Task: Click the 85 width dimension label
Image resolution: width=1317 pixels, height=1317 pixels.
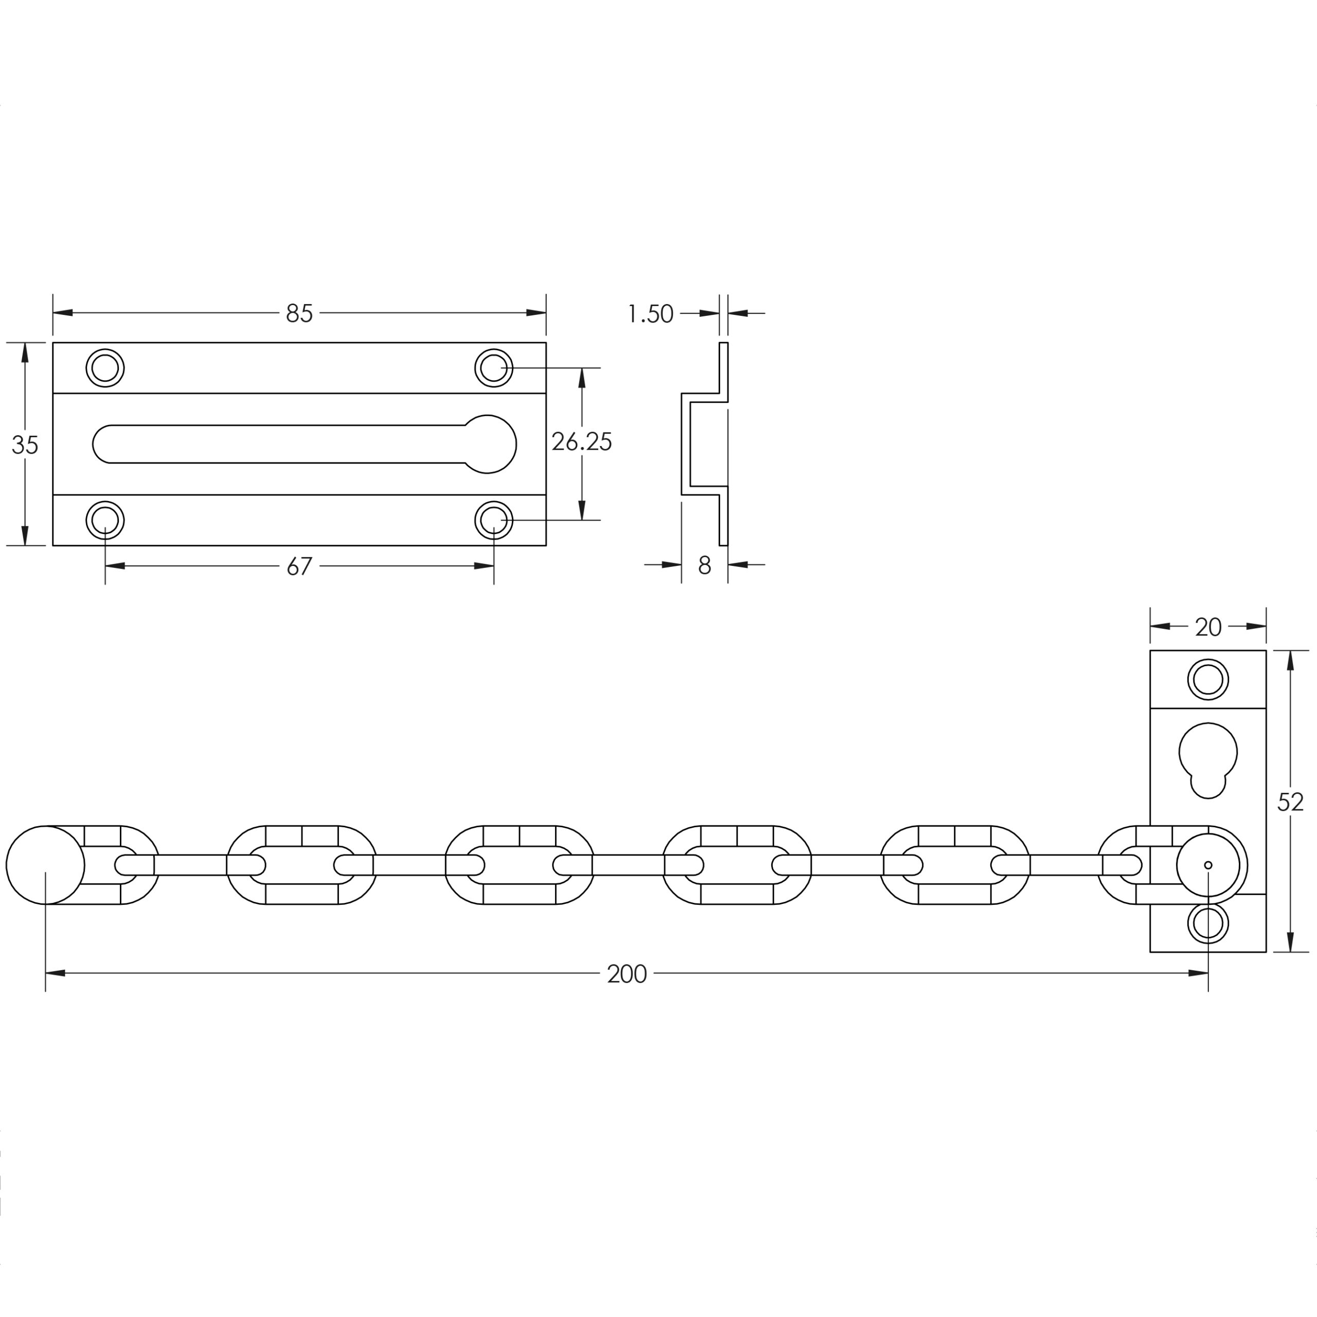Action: click(x=299, y=314)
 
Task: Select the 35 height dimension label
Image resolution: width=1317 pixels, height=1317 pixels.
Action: click(x=25, y=445)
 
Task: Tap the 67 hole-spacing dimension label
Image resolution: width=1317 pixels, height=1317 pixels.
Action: click(x=299, y=566)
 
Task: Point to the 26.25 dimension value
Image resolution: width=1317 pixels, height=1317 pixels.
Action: click(x=581, y=442)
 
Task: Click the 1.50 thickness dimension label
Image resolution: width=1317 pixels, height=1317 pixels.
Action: click(x=650, y=314)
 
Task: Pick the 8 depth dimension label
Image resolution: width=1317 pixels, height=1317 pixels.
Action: click(x=705, y=565)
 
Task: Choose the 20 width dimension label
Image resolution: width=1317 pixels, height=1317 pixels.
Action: click(x=1208, y=627)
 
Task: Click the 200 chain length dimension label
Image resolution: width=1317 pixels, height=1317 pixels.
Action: click(x=627, y=974)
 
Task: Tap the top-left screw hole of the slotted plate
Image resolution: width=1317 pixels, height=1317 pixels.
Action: click(x=105, y=368)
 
